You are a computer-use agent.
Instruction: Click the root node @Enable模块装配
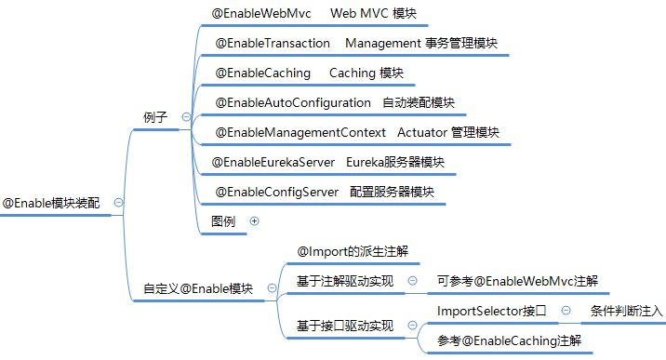(50, 202)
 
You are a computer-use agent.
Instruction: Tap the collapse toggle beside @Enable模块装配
(118, 202)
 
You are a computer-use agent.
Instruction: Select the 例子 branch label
(155, 116)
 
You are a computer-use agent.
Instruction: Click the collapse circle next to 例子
(186, 116)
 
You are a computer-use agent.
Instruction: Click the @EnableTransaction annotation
(273, 44)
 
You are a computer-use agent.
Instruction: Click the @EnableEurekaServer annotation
(273, 162)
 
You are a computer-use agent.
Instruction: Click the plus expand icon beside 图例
(254, 221)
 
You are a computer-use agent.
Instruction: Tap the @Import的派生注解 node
(352, 252)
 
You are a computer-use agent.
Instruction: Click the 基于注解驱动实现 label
(344, 281)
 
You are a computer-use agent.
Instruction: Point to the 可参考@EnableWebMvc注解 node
(517, 281)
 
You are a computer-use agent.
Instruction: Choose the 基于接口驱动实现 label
(344, 326)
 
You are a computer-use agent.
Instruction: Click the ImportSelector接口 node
(491, 310)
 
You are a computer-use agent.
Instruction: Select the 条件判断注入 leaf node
(627, 310)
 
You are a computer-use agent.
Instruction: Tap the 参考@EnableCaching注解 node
(510, 341)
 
